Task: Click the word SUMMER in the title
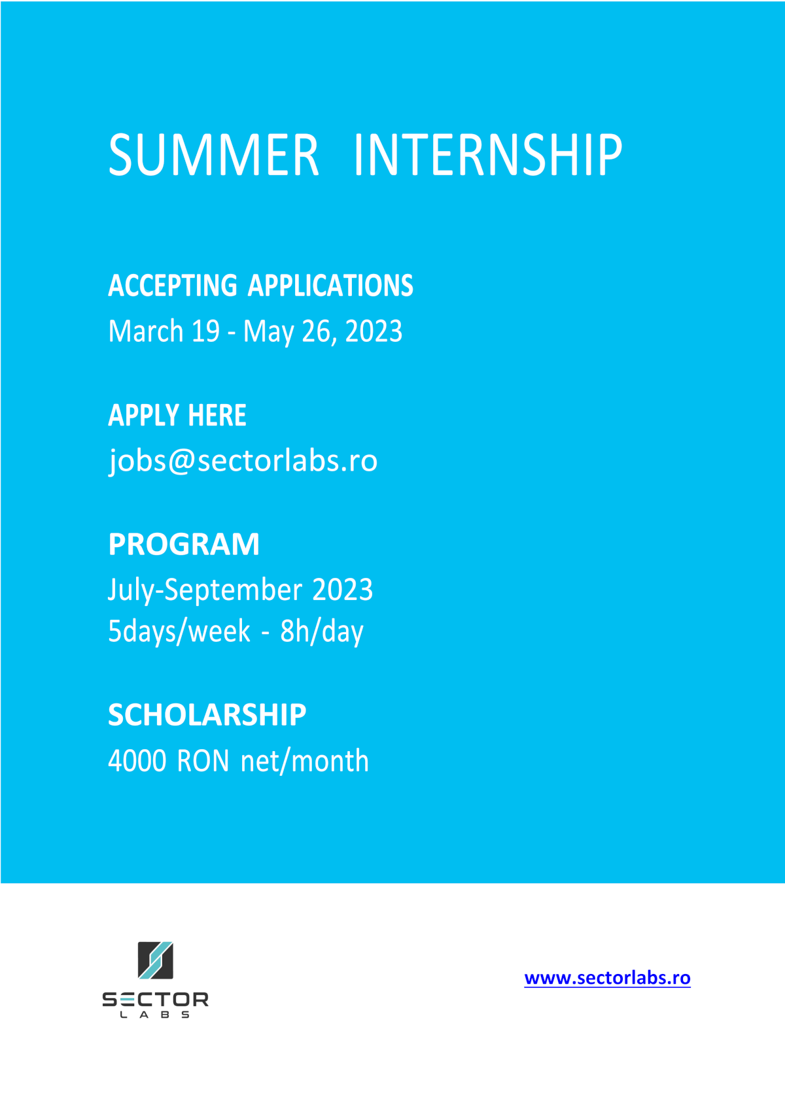tap(213, 155)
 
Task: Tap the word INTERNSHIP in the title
tap(488, 155)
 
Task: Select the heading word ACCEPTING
tap(173, 286)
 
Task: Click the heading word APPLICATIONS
tap(330, 286)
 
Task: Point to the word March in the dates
tap(146, 331)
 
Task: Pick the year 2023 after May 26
tap(374, 331)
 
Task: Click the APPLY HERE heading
tap(177, 415)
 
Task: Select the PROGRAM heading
tap(183, 544)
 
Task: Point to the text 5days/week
tap(179, 631)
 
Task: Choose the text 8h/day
tap(322, 631)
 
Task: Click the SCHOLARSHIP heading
tap(207, 715)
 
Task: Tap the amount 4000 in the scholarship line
tap(137, 761)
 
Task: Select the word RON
tap(203, 761)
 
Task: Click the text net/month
tap(304, 761)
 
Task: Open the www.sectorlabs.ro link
tap(608, 978)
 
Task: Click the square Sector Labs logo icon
tap(155, 960)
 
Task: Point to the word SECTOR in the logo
tap(155, 1000)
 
